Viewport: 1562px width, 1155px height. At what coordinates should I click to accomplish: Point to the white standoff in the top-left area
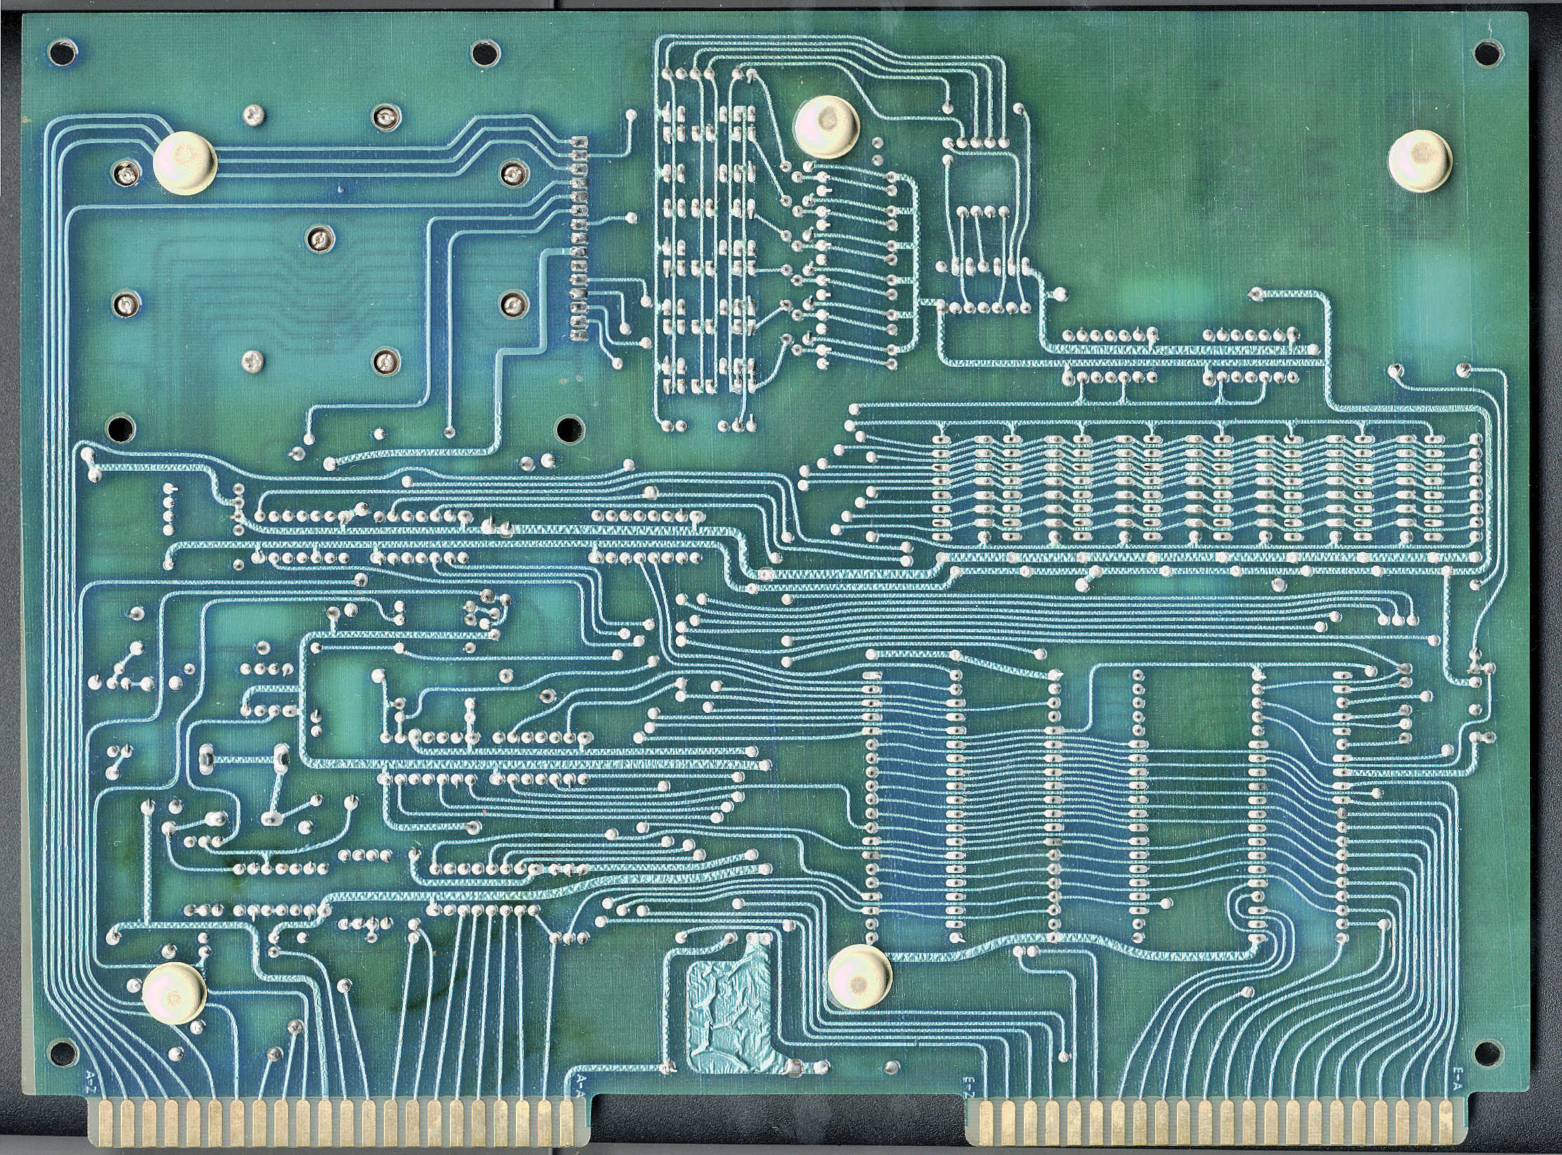click(185, 163)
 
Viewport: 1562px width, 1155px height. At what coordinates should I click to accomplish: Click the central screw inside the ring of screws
click(319, 239)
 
